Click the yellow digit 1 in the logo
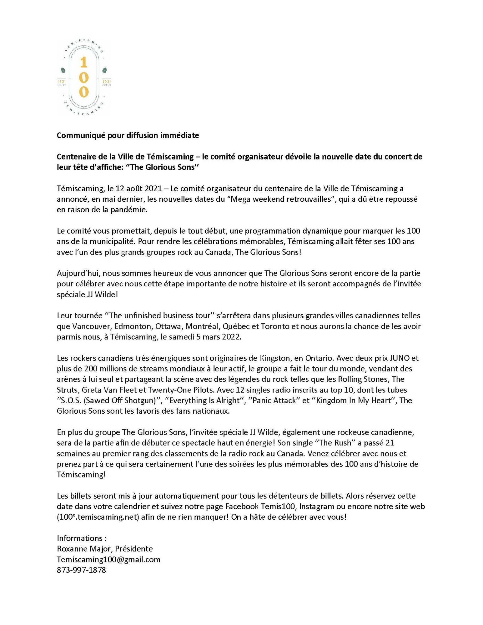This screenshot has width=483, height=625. tap(83, 63)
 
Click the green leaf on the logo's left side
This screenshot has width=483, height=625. tap(63, 70)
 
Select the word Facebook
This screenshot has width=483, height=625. tap(242, 507)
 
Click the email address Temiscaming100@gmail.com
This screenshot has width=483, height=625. tap(108, 559)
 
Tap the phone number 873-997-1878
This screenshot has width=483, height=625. tap(81, 570)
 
